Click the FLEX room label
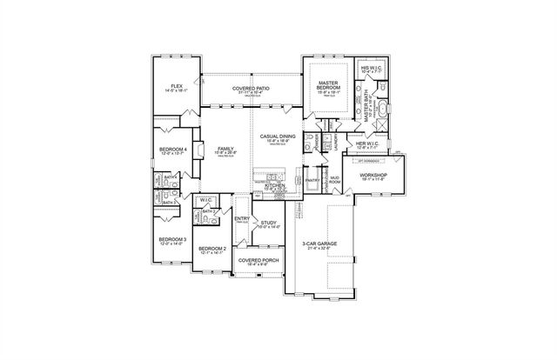[177, 87]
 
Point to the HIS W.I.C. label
[372, 67]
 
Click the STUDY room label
[269, 223]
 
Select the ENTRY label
[242, 219]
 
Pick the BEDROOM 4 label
[172, 150]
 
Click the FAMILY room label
[225, 150]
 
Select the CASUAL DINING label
[278, 137]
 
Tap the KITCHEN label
[275, 186]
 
